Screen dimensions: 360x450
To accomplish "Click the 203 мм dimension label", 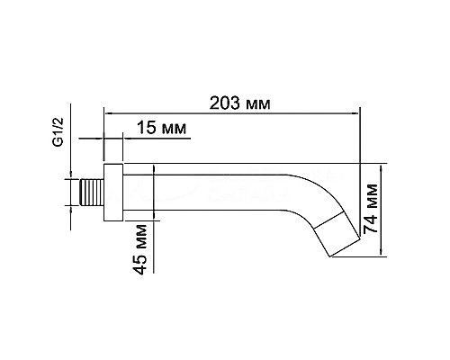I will click(238, 103).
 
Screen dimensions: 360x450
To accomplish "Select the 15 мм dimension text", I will click(162, 130).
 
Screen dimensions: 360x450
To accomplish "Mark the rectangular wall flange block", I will click(113, 191).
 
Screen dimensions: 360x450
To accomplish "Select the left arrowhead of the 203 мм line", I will click(109, 112).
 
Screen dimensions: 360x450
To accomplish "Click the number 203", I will click(223, 103).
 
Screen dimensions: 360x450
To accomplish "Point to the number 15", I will click(147, 130).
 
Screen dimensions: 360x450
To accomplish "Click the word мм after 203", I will click(256, 103).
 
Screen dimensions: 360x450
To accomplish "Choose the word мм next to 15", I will click(175, 130).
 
